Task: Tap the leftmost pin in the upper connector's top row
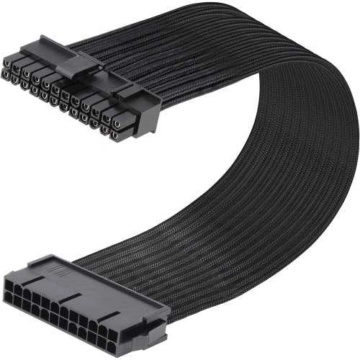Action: pyautogui.click(x=7, y=63)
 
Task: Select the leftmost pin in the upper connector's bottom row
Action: pyautogui.click(x=6, y=74)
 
